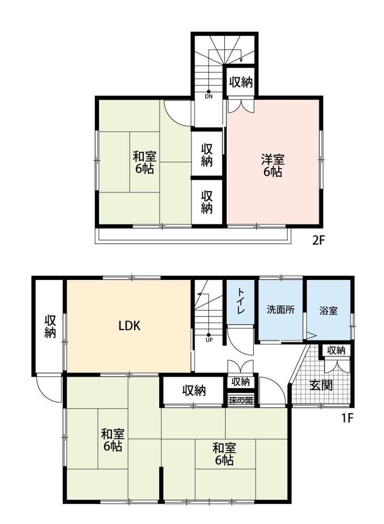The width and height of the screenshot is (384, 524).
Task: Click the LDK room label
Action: [x=129, y=325]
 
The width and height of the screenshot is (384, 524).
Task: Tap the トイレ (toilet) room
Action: [x=241, y=302]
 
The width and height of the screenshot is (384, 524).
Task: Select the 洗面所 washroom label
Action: [x=280, y=310]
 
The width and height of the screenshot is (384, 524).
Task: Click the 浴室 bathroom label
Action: [x=328, y=311]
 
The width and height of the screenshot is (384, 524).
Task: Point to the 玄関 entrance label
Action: [x=321, y=385]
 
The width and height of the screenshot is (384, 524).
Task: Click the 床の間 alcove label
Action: [x=241, y=400]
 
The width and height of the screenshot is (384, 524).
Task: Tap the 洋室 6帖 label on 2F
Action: [x=273, y=165]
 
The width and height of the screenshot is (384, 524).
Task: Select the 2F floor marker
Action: [x=319, y=240]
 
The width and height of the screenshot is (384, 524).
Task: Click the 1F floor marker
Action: [x=347, y=418]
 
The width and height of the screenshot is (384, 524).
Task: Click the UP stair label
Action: [x=209, y=340]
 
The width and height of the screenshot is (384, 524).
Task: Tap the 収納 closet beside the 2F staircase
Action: [x=241, y=82]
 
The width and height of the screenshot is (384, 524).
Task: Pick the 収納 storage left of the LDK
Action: [x=50, y=326]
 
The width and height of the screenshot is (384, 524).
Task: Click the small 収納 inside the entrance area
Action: [x=336, y=350]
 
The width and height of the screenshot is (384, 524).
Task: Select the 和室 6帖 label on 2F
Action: [x=145, y=163]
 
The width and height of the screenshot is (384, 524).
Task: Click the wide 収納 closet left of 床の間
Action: [x=194, y=390]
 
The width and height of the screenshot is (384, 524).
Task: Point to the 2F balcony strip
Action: [x=193, y=236]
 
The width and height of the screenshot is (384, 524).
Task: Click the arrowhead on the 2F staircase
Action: [x=241, y=60]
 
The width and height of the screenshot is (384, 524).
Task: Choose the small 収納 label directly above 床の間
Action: [x=241, y=382]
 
